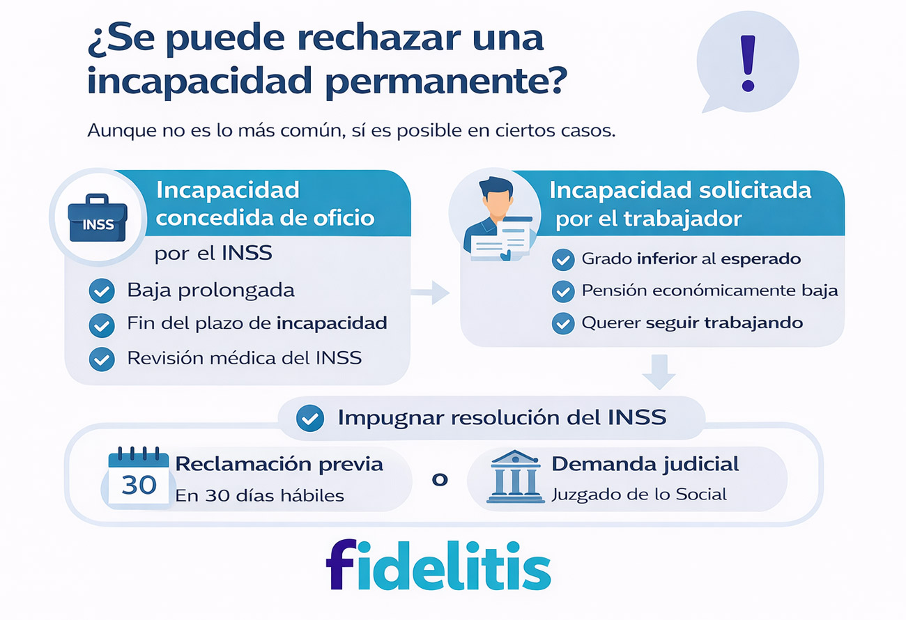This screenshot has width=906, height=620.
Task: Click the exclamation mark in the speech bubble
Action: click(748, 63)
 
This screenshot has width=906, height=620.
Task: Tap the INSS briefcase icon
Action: click(98, 218)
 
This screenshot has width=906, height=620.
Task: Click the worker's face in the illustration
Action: click(497, 203)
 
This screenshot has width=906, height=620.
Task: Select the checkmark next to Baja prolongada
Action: click(102, 290)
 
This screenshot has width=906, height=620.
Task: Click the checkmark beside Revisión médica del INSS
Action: click(102, 359)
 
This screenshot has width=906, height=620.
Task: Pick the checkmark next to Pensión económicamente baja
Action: click(563, 291)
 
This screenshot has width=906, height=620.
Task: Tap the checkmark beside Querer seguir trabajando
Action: click(563, 323)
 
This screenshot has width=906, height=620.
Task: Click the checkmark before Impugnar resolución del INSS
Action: click(310, 418)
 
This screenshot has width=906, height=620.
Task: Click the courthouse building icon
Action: click(515, 477)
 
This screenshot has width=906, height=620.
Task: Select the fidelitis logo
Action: click(438, 565)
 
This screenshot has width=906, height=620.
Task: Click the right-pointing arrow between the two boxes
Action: click(431, 292)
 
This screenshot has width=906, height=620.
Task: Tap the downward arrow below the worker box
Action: click(659, 372)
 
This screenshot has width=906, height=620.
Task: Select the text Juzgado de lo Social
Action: click(640, 495)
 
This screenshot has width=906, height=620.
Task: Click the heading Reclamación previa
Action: click(279, 465)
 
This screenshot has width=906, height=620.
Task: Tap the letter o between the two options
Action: click(440, 480)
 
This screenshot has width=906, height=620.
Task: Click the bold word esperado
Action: click(761, 259)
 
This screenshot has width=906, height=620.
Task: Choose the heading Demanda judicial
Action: click(645, 465)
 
